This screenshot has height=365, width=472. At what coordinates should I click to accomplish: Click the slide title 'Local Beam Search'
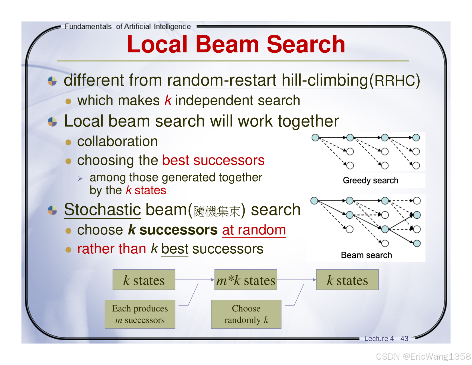pyautogui.click(x=236, y=44)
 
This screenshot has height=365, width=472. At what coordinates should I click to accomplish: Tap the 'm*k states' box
pyautogui.click(x=246, y=280)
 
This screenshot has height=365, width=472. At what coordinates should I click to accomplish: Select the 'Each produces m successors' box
pyautogui.click(x=140, y=314)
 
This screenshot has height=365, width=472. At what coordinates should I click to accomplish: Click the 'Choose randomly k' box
pyautogui.click(x=246, y=314)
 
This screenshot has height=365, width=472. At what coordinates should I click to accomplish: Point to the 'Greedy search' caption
pyautogui.click(x=370, y=180)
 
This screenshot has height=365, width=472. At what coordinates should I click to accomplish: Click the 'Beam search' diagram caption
pyautogui.click(x=366, y=255)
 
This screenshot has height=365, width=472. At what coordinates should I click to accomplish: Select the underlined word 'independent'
pyautogui.click(x=214, y=101)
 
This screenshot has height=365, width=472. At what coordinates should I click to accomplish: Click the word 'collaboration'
pyautogui.click(x=118, y=141)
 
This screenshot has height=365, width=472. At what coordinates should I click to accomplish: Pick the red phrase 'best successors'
pyautogui.click(x=213, y=160)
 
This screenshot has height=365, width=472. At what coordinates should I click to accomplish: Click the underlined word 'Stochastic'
pyautogui.click(x=102, y=210)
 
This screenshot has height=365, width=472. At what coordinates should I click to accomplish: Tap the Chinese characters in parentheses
pyautogui.click(x=217, y=211)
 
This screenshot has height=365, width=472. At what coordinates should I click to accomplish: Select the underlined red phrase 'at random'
pyautogui.click(x=254, y=230)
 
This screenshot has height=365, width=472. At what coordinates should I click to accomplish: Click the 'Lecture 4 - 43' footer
pyautogui.click(x=386, y=339)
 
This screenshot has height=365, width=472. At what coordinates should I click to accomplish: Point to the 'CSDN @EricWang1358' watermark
pyautogui.click(x=423, y=356)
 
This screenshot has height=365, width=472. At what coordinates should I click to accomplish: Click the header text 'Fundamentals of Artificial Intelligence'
pyautogui.click(x=128, y=27)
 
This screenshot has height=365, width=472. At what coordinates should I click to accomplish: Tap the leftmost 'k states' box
pyautogui.click(x=144, y=280)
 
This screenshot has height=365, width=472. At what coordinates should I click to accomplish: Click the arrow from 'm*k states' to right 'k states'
pyautogui.click(x=296, y=280)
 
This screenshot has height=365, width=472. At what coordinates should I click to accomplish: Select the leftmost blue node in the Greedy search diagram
pyautogui.click(x=315, y=138)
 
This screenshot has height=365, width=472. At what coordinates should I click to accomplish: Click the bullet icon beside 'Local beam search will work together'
pyautogui.click(x=52, y=122)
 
